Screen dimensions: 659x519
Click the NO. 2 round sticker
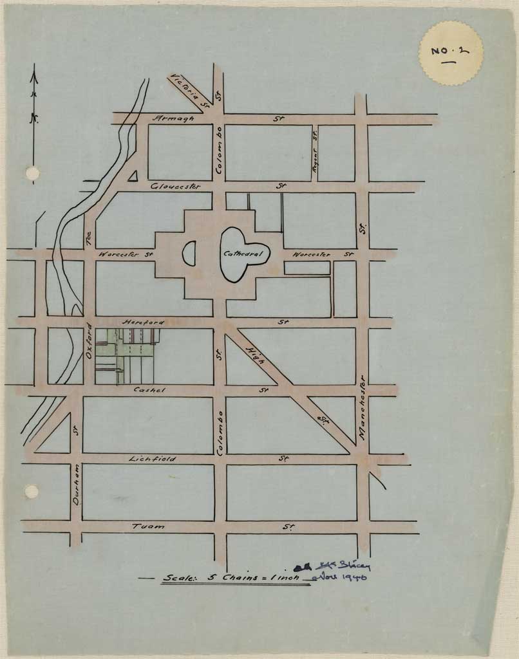pyautogui.click(x=451, y=53)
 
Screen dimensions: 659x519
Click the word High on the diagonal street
pyautogui.click(x=255, y=355)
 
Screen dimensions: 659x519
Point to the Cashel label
pyautogui.click(x=149, y=390)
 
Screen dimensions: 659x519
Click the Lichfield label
pyautogui.click(x=152, y=459)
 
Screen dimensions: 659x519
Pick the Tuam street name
pyautogui.click(x=148, y=526)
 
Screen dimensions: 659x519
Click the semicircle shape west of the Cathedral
pyautogui.click(x=189, y=254)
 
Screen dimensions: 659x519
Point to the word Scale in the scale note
pyautogui.click(x=180, y=578)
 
